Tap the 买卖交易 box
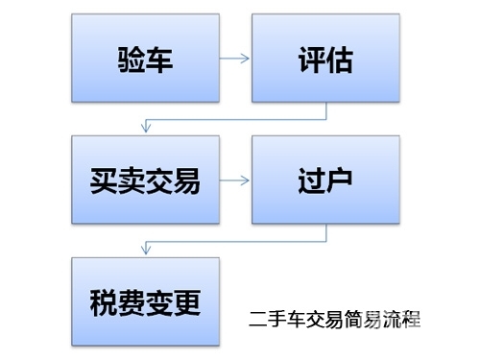click(145, 180)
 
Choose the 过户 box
click(325, 180)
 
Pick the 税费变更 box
click(145, 300)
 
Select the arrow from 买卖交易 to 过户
click(235, 180)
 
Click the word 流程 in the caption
click(401, 318)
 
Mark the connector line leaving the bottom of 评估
click(325, 111)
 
